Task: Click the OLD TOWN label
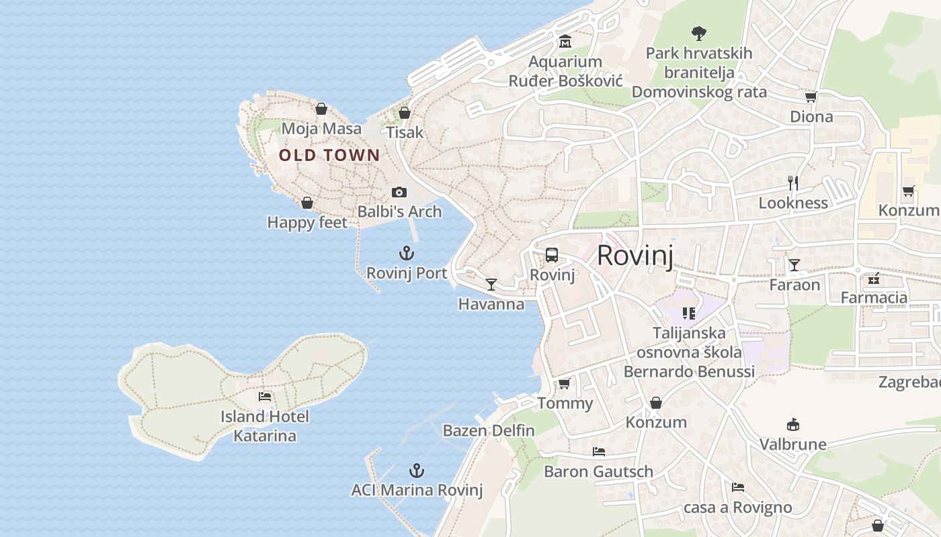329,156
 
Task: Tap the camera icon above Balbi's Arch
399,193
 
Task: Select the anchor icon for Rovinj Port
407,253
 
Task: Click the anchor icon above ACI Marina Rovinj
417,470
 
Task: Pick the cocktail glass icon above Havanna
491,285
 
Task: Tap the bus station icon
552,255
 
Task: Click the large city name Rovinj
635,255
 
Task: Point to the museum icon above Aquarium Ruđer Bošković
565,42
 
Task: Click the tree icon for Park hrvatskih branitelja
699,32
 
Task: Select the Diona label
811,117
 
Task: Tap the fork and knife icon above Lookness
793,183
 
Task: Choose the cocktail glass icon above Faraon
794,265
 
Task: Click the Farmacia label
874,297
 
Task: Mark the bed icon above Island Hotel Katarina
265,397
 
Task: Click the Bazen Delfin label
489,431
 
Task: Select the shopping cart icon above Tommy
565,383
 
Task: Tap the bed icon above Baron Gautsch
599,452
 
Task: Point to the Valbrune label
793,444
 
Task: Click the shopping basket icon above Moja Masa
321,109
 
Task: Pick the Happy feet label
307,223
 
